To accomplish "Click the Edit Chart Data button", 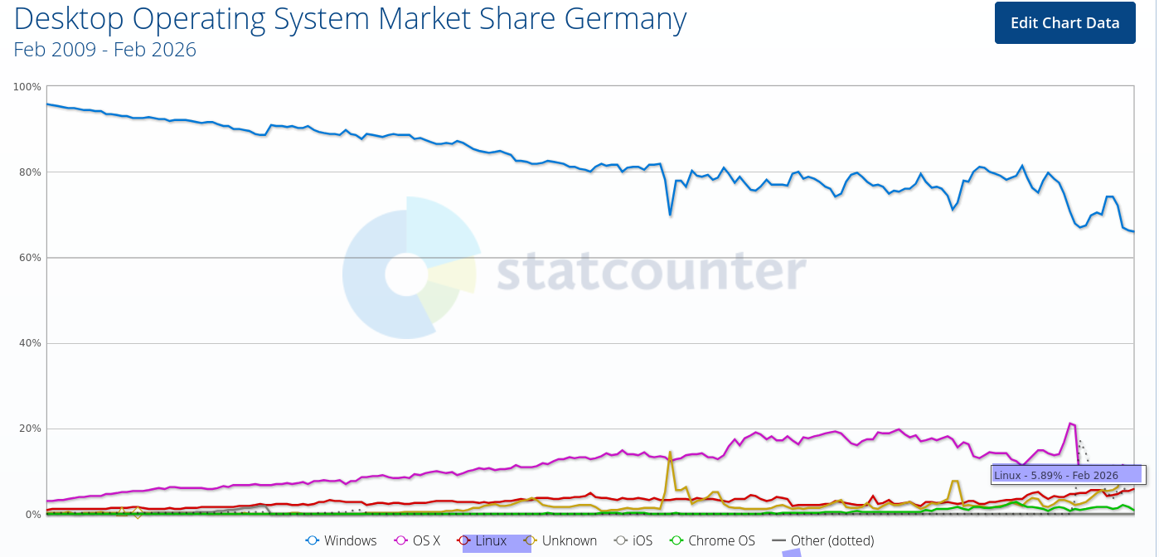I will pyautogui.click(x=1064, y=23).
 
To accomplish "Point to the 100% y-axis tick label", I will pyautogui.click(x=28, y=87).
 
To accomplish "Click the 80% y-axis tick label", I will pyautogui.click(x=31, y=172).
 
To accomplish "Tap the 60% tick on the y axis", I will pyautogui.click(x=31, y=258).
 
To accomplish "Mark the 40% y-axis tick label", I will pyautogui.click(x=31, y=343).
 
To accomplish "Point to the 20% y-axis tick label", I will pyautogui.click(x=31, y=429).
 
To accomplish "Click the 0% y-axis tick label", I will pyautogui.click(x=34, y=514).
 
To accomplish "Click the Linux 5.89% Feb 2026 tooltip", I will pyautogui.click(x=1067, y=475).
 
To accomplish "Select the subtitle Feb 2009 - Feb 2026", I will pyautogui.click(x=105, y=50).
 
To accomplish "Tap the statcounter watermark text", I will pyautogui.click(x=651, y=271).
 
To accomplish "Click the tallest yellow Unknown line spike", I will pyautogui.click(x=670, y=452).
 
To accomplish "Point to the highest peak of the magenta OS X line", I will pyautogui.click(x=1070, y=424).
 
